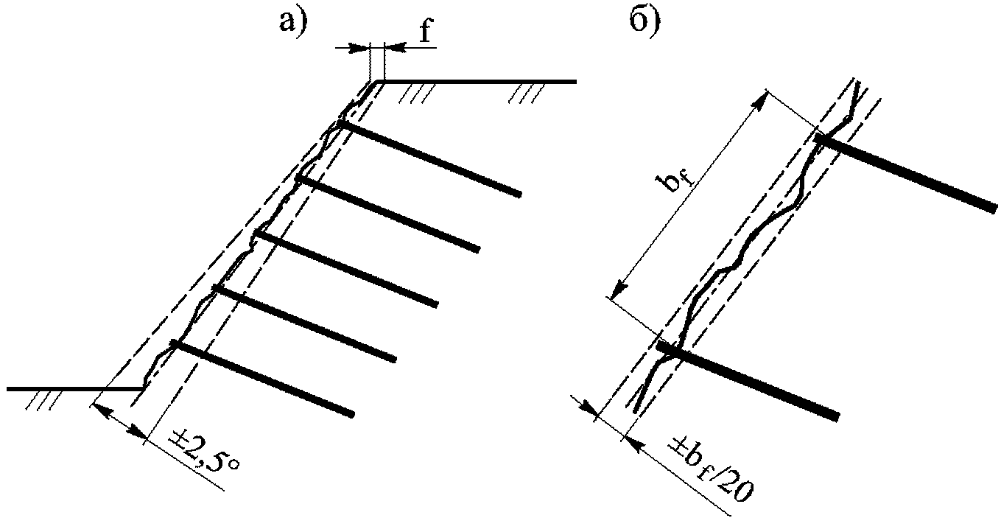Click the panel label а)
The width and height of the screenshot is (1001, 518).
click(x=294, y=21)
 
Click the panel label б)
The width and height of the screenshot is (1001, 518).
click(x=644, y=22)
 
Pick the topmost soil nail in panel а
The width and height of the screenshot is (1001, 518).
click(x=429, y=158)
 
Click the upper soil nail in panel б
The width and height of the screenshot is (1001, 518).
click(x=906, y=172)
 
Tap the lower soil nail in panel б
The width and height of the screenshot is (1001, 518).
click(x=748, y=380)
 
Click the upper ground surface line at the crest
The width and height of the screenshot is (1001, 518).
click(x=477, y=82)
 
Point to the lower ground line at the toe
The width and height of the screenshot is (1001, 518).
click(x=74, y=389)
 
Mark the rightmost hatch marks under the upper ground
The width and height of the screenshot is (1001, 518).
click(x=527, y=94)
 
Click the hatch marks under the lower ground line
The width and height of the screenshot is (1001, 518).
click(x=43, y=401)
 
